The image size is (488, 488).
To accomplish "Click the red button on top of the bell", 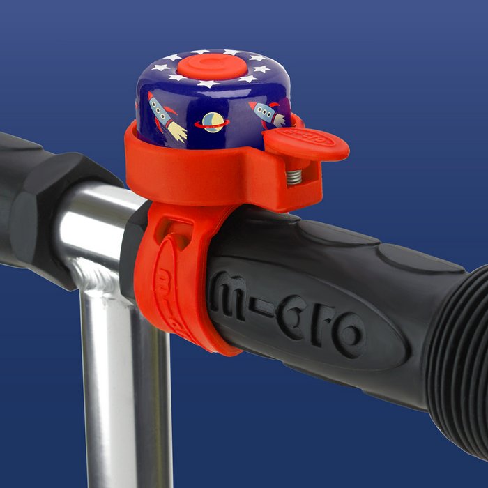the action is click(213, 67).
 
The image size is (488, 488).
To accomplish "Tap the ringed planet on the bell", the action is click(212, 122).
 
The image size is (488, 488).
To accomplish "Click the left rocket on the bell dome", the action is click(167, 118).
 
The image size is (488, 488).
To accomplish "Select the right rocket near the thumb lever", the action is click(268, 114).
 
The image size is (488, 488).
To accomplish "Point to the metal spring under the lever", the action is click(294, 177).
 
